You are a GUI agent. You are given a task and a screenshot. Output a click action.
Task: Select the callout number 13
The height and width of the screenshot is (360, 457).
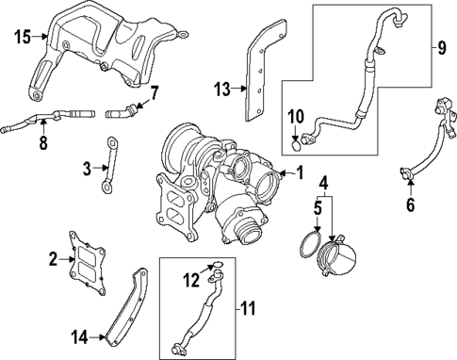pyautogui.click(x=221, y=90)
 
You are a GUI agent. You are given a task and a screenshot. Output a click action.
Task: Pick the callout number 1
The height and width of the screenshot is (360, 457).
pyautogui.click(x=300, y=172)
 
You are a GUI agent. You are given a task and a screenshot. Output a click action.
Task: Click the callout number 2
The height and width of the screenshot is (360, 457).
pyautogui.click(x=53, y=256)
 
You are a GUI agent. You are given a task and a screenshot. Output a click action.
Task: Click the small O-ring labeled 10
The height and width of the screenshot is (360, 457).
pyautogui.click(x=298, y=143)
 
